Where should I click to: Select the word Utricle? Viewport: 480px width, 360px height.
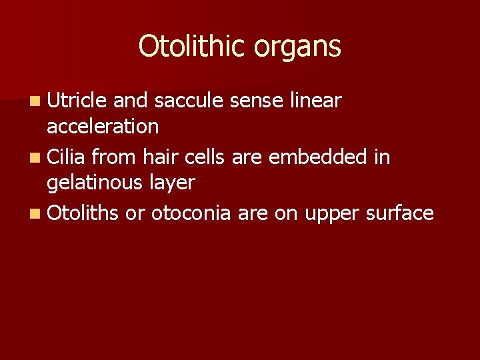(x=77, y=101)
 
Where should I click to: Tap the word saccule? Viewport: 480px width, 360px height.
(x=189, y=101)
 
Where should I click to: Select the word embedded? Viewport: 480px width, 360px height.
(x=327, y=157)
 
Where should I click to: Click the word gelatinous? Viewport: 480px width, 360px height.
(x=97, y=182)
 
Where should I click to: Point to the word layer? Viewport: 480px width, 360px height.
(x=173, y=182)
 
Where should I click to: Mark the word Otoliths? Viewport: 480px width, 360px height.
(x=83, y=213)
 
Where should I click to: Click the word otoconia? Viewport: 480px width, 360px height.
(x=191, y=213)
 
